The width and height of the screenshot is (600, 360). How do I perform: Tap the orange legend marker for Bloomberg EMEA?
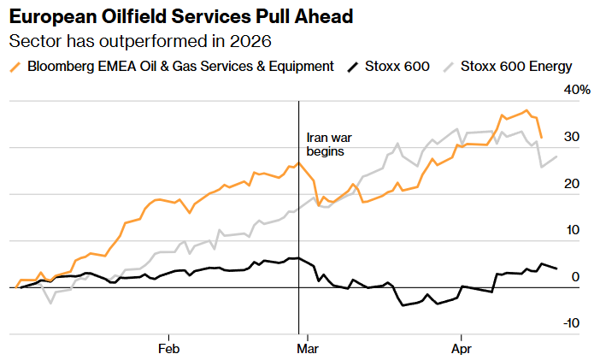click(15, 67)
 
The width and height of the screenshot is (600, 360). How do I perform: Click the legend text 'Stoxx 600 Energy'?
click(516, 67)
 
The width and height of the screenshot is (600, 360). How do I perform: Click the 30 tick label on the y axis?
click(571, 137)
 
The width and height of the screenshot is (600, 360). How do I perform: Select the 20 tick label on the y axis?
click(571, 184)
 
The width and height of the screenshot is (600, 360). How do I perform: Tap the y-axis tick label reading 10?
click(571, 230)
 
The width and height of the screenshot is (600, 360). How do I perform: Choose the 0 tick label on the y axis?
click(575, 277)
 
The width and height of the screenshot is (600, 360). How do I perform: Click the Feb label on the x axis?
click(168, 349)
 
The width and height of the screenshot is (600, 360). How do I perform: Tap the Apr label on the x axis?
click(462, 349)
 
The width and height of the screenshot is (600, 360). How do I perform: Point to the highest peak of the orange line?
click(526, 110)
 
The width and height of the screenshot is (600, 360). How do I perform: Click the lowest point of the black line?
click(402, 304)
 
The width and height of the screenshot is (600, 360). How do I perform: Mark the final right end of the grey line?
click(557, 156)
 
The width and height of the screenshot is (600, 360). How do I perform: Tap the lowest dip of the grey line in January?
click(50, 303)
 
